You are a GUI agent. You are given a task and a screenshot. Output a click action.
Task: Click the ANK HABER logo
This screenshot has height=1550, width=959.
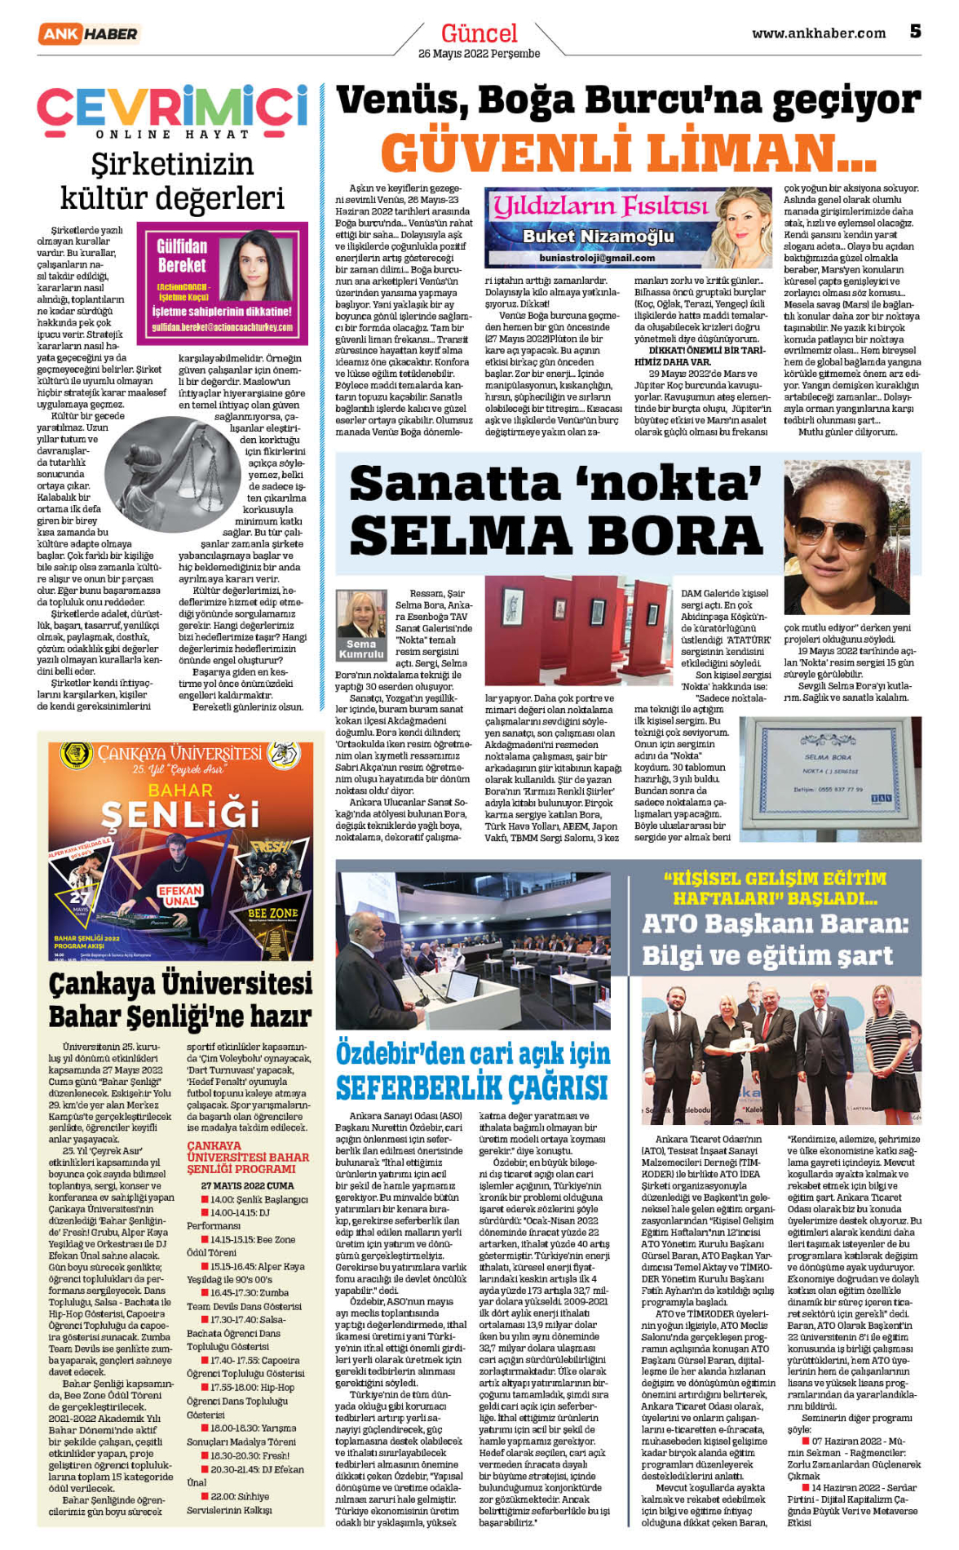click(88, 33)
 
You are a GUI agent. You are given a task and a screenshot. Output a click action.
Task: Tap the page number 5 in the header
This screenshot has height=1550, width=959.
click(915, 32)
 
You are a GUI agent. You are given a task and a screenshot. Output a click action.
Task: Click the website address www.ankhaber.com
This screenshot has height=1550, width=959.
click(818, 33)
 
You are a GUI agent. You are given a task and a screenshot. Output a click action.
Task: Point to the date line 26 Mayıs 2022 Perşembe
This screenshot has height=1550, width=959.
click(479, 54)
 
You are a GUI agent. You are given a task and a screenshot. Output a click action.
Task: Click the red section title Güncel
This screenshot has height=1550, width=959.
click(479, 33)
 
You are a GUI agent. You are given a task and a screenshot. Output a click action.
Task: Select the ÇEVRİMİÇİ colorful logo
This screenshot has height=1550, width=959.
click(172, 106)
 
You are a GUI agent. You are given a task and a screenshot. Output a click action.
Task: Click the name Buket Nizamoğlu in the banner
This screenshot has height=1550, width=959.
click(598, 237)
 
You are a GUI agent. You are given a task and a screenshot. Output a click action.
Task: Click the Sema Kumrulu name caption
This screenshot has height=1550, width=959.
click(360, 649)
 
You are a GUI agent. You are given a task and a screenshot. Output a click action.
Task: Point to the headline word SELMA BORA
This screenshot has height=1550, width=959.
click(556, 536)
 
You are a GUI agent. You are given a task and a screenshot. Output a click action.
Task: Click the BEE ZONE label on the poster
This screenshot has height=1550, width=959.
click(272, 914)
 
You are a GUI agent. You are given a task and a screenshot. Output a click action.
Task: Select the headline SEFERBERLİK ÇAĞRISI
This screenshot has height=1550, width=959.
click(472, 1087)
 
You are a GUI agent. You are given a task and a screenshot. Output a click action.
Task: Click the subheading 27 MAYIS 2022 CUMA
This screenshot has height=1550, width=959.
click(247, 1185)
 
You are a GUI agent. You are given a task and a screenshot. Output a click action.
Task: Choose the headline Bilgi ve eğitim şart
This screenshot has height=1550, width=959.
click(767, 955)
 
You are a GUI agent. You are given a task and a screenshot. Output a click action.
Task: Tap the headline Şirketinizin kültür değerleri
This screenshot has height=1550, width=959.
click(172, 181)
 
